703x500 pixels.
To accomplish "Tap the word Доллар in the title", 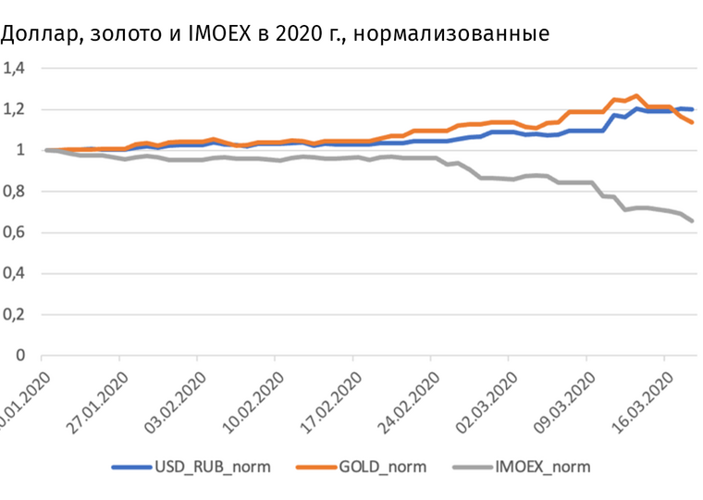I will point(36,35).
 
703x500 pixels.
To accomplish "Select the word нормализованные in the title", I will point(451,35).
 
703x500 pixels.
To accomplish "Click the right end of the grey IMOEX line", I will point(693,221).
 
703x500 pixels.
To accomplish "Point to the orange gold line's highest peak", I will point(636,95).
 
